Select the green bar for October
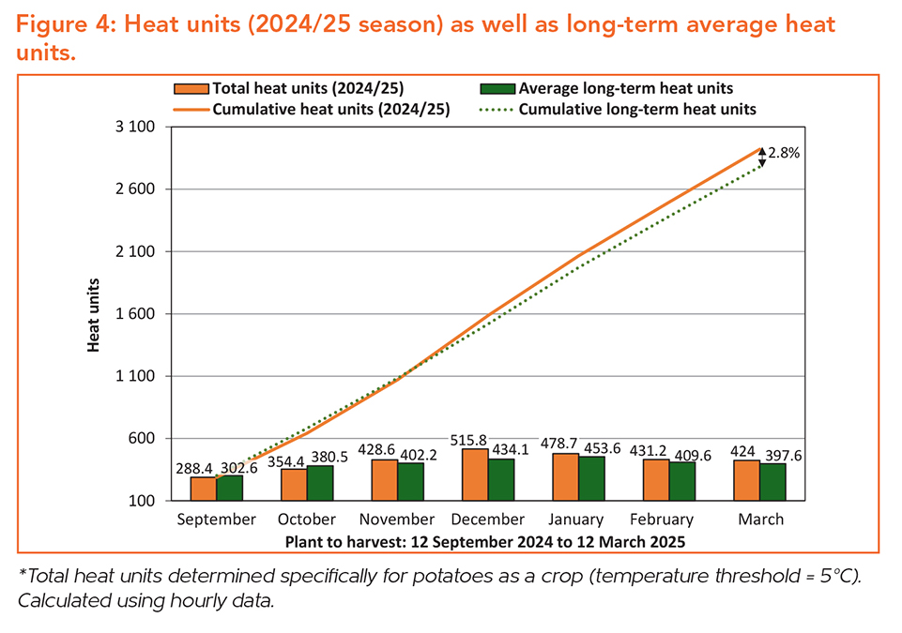coord(320,483)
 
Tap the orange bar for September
coord(204,489)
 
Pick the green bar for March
coord(772,482)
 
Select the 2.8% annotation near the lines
coord(784,153)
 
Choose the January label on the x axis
coord(577,520)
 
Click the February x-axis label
coord(667,520)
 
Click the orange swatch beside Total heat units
coord(191,89)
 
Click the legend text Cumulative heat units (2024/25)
coord(331,110)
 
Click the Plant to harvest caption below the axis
coord(485,542)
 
